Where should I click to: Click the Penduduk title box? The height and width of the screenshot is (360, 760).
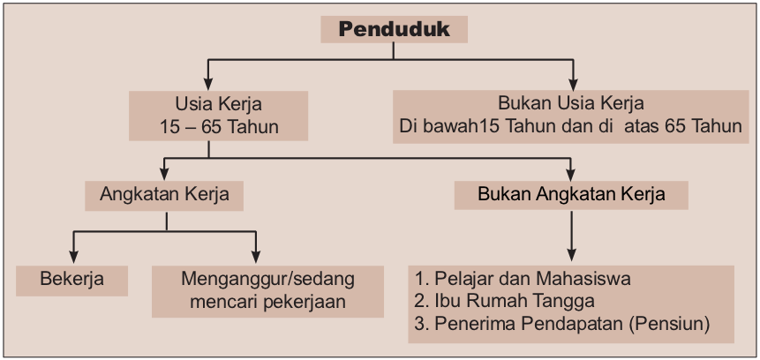click(x=394, y=29)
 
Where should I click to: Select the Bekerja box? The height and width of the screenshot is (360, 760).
click(x=72, y=281)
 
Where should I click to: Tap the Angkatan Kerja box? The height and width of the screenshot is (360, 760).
click(x=165, y=193)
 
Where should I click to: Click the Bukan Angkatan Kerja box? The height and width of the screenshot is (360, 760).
click(x=571, y=193)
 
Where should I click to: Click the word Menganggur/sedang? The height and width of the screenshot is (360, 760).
click(x=267, y=280)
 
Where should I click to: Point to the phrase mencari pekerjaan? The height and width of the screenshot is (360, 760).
click(x=267, y=302)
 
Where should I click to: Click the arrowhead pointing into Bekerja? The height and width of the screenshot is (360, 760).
click(x=72, y=255)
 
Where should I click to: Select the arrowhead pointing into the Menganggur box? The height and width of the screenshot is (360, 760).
click(x=256, y=255)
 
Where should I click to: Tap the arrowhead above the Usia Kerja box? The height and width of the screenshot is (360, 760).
click(x=208, y=79)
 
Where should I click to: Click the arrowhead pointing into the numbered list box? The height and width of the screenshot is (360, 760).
click(x=572, y=255)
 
